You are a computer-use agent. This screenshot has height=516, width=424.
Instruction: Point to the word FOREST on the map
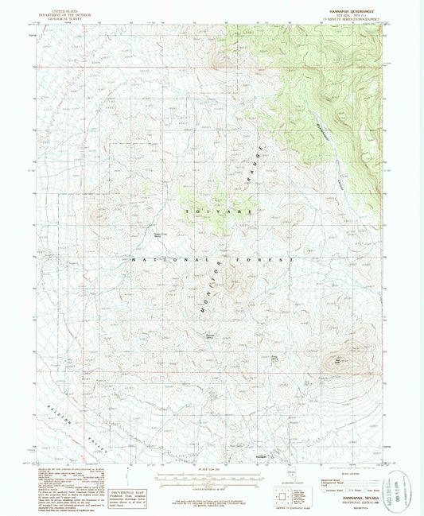pyautogui.click(x=275, y=260)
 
